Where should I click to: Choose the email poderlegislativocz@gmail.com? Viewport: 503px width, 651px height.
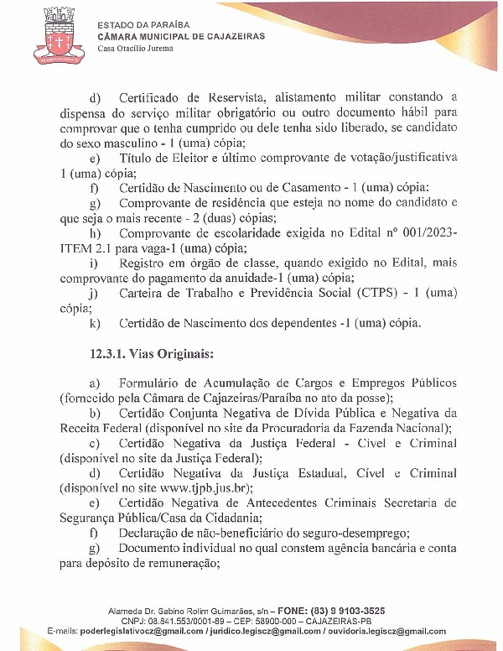tap(143, 631)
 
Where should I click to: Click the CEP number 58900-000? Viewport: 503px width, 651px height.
tap(321, 621)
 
